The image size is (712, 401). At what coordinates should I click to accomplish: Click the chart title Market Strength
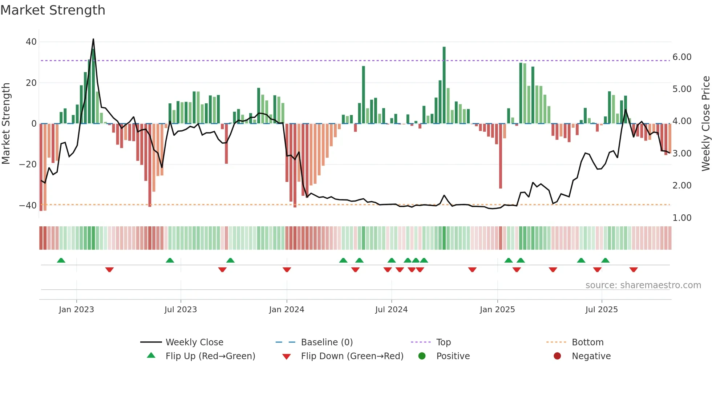[53, 10]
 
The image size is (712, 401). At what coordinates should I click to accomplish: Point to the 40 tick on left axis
[31, 42]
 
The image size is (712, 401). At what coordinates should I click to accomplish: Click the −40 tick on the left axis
[28, 206]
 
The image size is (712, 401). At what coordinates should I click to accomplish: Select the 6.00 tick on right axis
[682, 57]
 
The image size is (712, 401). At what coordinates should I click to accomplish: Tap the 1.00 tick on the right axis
[682, 218]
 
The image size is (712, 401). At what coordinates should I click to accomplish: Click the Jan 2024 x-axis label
[286, 310]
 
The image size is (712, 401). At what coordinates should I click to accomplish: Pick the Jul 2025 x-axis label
[601, 310]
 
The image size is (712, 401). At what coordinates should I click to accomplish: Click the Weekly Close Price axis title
[705, 124]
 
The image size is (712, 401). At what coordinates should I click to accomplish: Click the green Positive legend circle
[422, 356]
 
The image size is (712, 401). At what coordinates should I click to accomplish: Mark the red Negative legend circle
[557, 356]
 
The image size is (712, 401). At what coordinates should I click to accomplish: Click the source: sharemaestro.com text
[643, 285]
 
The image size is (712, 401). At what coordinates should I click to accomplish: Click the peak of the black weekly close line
[93, 39]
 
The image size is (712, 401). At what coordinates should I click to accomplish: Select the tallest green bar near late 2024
[444, 84]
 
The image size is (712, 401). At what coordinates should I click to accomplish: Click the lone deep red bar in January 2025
[501, 156]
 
